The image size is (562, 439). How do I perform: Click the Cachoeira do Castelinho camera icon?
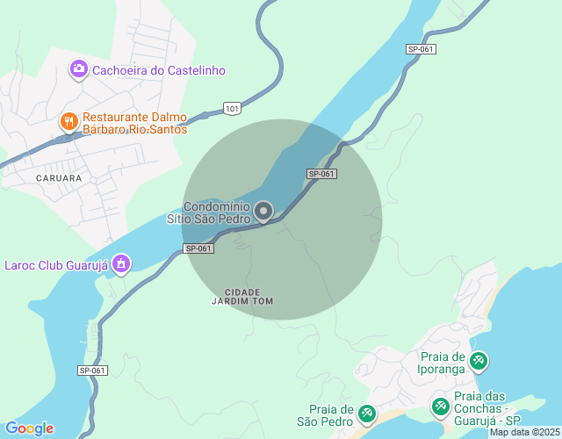coord(78,68)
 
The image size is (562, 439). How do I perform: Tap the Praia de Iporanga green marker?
coord(479,360)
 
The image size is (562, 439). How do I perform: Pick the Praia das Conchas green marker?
coord(440,407)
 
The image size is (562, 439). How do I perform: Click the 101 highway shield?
coord(231,108)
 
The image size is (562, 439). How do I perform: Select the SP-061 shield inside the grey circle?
coord(321,174)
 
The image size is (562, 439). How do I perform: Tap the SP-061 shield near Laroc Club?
coord(199,248)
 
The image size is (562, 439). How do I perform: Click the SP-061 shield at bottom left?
coord(92,371)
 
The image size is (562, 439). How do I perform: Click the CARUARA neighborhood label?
coord(59,177)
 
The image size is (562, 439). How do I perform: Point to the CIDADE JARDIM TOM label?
coord(243,296)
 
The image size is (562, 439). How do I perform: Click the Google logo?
coord(29,428)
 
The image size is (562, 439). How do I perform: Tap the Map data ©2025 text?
coord(522,432)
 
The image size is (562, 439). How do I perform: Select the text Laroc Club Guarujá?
coord(55,263)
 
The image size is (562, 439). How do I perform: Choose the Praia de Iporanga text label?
coord(443,363)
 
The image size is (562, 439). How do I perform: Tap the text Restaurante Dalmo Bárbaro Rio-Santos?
coord(135,123)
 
